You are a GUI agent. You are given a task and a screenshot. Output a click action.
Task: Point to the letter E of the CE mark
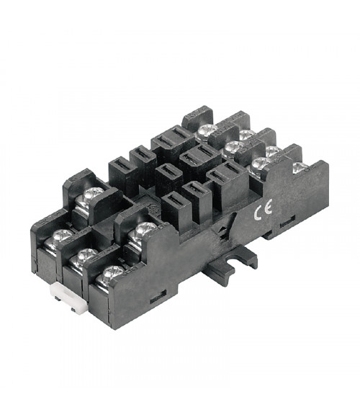(268, 206)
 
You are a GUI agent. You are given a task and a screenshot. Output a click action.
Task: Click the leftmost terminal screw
(61, 236)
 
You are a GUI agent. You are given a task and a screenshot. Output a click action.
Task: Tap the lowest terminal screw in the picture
(112, 274)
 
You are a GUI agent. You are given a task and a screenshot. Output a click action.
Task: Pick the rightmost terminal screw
(300, 168)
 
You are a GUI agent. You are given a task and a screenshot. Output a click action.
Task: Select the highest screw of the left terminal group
(93, 193)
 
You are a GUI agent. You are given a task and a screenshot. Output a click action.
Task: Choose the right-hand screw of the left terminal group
(145, 230)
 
